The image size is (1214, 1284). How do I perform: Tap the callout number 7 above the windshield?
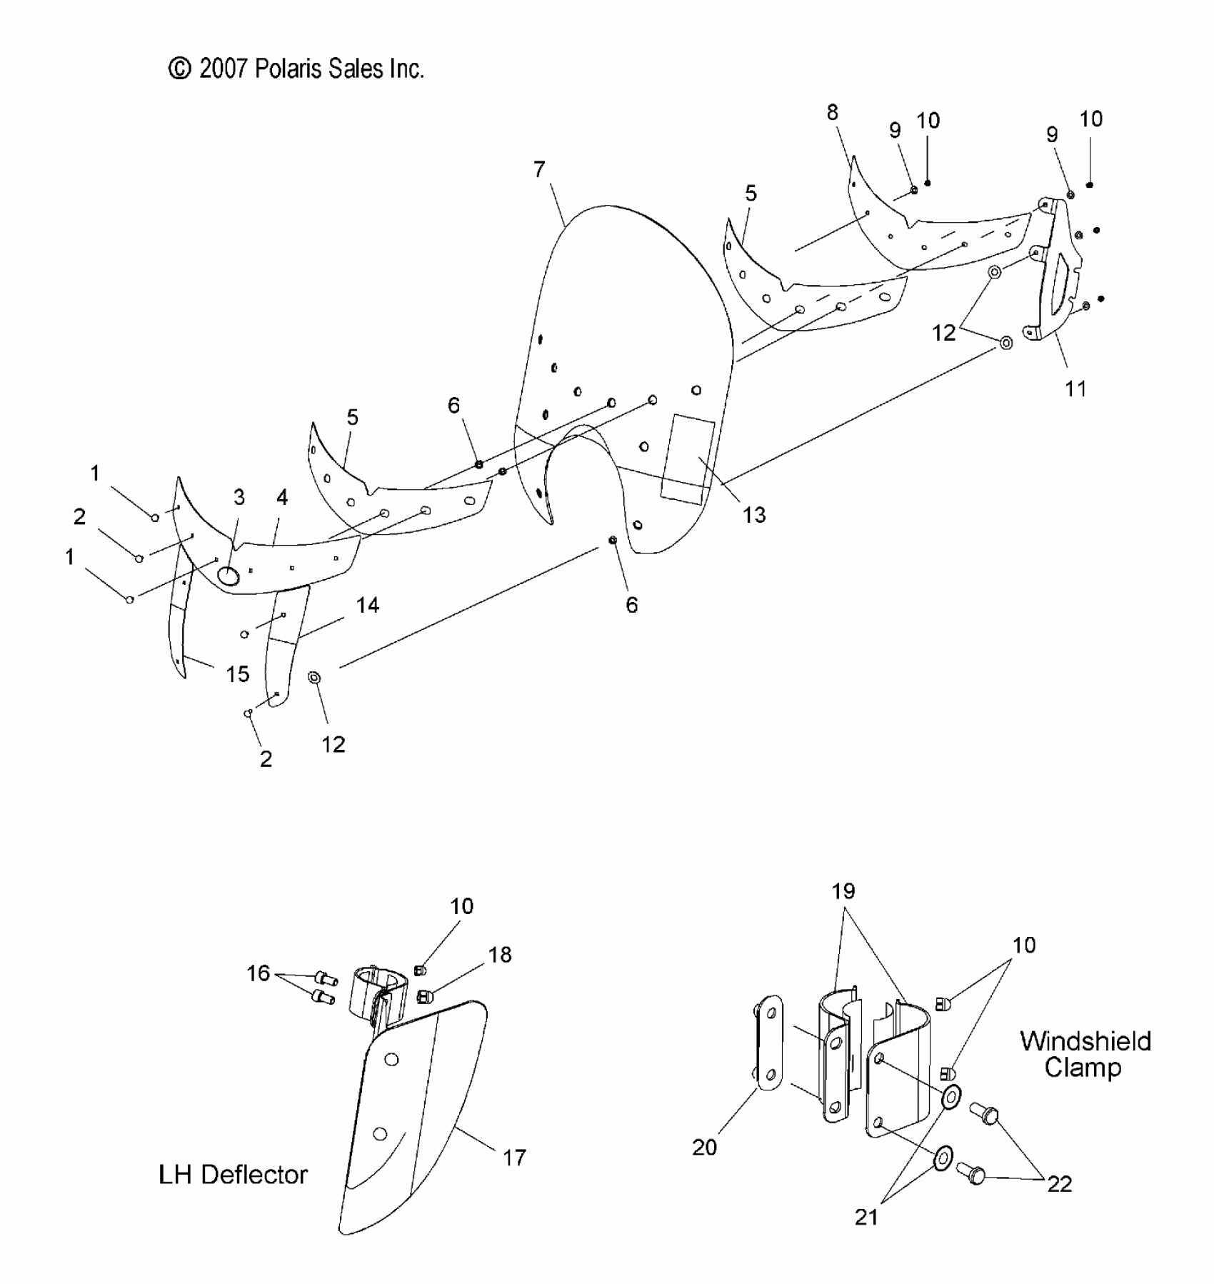pyautogui.click(x=539, y=169)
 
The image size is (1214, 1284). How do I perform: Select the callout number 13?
pyautogui.click(x=753, y=514)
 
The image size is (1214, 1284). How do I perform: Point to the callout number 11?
pyautogui.click(x=1075, y=388)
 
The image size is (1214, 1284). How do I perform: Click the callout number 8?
pyautogui.click(x=833, y=112)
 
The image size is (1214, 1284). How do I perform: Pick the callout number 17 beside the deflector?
pyautogui.click(x=514, y=1157)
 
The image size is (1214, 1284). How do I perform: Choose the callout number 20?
pyautogui.click(x=704, y=1147)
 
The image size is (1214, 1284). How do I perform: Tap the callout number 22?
pyautogui.click(x=1060, y=1184)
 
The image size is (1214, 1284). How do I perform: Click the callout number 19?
pyautogui.click(x=843, y=891)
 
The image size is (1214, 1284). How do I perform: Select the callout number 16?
pyautogui.click(x=258, y=973)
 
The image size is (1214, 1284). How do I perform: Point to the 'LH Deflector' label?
pyautogui.click(x=233, y=1174)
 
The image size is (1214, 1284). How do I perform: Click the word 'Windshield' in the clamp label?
pyautogui.click(x=1085, y=1041)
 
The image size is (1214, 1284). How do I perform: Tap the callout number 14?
pyautogui.click(x=367, y=605)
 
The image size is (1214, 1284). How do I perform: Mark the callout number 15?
pyautogui.click(x=238, y=673)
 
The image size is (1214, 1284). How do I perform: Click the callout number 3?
pyautogui.click(x=239, y=496)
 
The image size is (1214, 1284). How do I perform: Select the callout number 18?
pyautogui.click(x=500, y=955)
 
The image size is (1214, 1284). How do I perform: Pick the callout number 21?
pyautogui.click(x=866, y=1217)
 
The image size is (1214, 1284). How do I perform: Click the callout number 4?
pyautogui.click(x=282, y=497)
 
